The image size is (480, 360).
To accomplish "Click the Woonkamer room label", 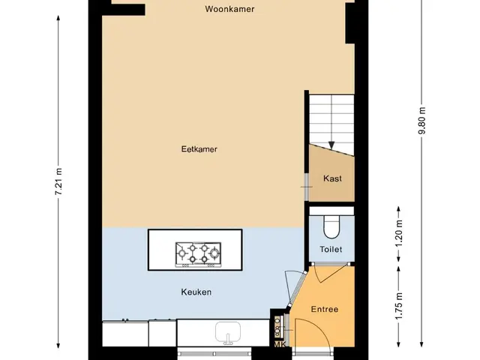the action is point(229,9).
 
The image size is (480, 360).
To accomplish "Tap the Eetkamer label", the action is point(199,149).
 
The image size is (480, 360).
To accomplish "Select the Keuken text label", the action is point(196,292).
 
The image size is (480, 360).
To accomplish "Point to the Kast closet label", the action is point(332,178).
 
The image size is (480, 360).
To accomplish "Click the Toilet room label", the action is point(331,249).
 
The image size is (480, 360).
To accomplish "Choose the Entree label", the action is point(325,309).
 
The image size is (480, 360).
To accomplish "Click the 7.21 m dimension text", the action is point(58,181).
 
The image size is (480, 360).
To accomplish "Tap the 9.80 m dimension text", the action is point(421,120).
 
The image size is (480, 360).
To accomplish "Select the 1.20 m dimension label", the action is point(398,233).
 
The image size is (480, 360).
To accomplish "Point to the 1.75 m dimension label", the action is point(398,306).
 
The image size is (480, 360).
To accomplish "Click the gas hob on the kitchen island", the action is point(198,254).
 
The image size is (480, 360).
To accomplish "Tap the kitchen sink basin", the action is point(228,332).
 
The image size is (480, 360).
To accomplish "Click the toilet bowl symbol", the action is point(331,226).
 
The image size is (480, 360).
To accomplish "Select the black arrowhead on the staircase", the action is point(331,145).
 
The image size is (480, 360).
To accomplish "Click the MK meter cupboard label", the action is point(280,344).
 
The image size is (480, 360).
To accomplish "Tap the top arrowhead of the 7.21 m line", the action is point(58,18).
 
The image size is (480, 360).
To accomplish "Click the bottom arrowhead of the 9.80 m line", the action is point(421,344).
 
